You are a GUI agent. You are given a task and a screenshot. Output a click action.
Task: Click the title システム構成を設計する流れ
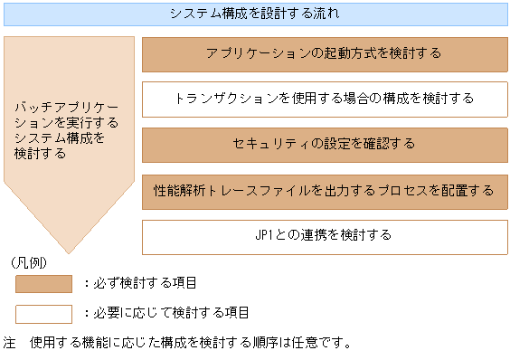pos(255,14)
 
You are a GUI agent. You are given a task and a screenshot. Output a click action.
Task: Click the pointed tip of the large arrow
pos(70,251)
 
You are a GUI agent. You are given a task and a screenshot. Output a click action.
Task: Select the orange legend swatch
pos(43,284)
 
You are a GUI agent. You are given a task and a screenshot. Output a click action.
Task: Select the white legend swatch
pos(43,313)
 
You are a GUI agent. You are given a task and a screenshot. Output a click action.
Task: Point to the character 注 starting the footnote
pos(10,344)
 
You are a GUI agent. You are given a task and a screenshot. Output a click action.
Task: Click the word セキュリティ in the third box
pos(268,144)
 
